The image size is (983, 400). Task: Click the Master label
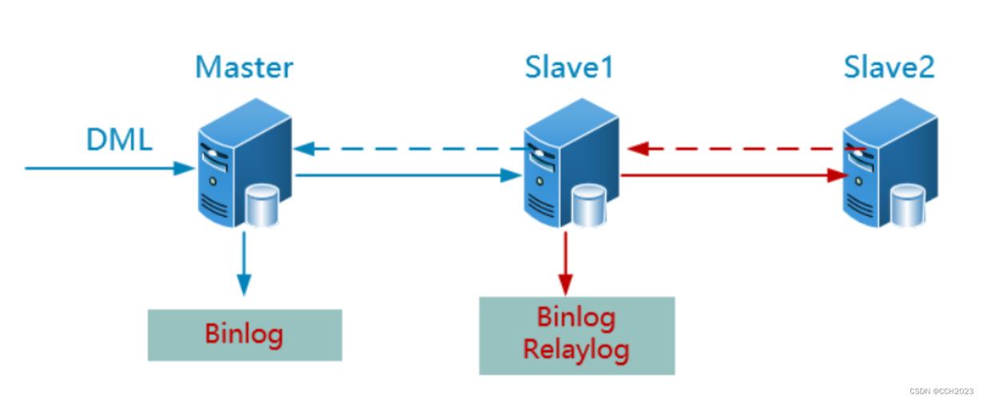tap(244, 67)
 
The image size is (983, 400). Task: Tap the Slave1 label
tap(568, 67)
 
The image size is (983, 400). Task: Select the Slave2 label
tap(889, 67)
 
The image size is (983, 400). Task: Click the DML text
tap(118, 140)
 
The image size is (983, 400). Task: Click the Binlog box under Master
tap(245, 334)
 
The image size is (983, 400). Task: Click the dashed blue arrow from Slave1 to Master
tap(408, 149)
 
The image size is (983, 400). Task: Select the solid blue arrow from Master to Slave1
tap(404, 175)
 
